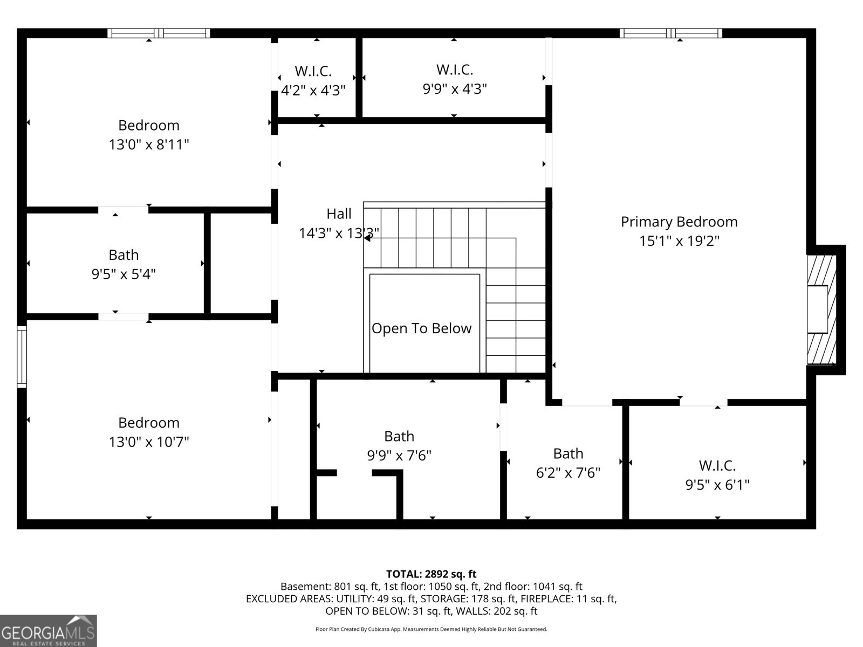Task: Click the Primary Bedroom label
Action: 679,222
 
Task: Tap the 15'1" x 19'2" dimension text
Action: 679,241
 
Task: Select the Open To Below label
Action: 421,328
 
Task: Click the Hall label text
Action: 339,214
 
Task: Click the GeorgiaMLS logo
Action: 48,630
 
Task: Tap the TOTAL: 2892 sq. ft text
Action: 431,574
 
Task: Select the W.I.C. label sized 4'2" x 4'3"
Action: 313,71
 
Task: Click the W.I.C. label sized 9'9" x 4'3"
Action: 454,70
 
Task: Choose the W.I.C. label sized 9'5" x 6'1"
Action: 717,465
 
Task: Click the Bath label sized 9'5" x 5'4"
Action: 124,255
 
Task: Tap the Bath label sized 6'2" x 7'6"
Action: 568,453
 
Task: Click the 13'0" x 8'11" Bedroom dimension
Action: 149,145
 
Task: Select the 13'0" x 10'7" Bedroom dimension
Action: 149,443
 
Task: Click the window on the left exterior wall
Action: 22,356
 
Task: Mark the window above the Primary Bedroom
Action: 670,33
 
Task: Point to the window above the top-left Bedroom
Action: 159,33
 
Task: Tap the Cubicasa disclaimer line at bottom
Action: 431,629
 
